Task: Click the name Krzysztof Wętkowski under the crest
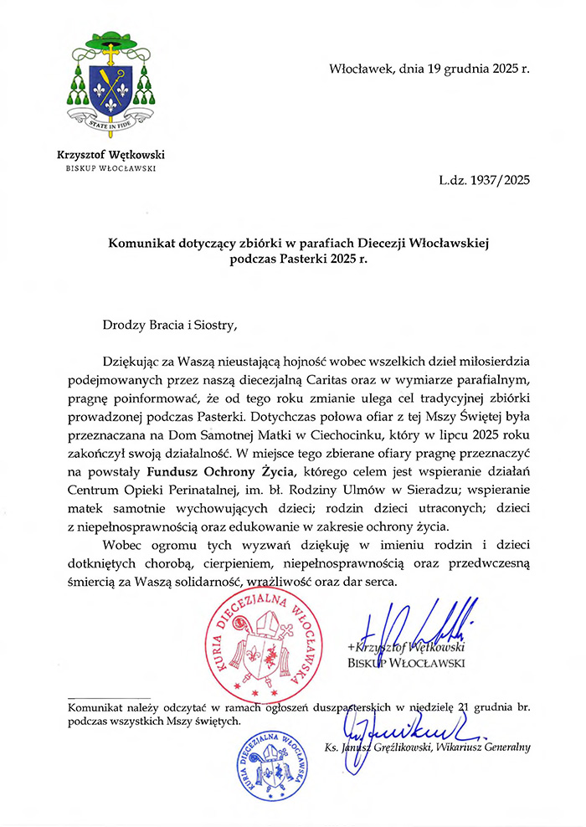[111, 154]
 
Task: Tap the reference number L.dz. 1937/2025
[484, 178]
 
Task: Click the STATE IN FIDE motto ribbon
[111, 123]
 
